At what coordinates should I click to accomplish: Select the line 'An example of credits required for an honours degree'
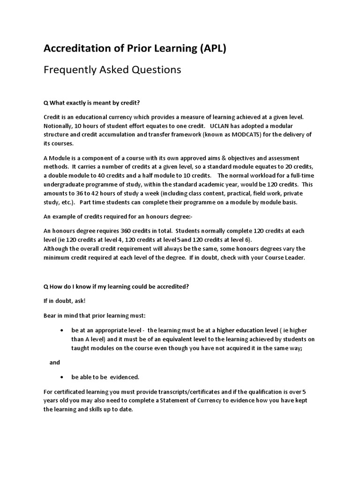[x=115, y=217]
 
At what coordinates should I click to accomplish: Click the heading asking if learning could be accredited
[x=116, y=287]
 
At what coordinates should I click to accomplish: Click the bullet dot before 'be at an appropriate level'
[x=62, y=330]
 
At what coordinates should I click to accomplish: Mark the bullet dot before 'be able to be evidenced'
[x=62, y=377]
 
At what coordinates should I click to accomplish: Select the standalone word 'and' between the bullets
[x=55, y=362]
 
